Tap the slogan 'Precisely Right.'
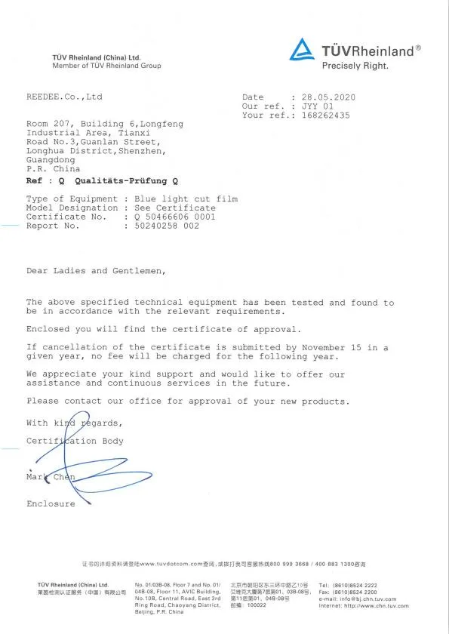coord(355,66)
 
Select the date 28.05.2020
coord(328,97)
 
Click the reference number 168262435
coord(325,115)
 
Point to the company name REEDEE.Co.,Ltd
coord(64,97)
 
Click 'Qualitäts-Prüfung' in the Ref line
coord(122,181)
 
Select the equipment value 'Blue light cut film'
coord(186,199)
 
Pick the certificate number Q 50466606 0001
coord(175,217)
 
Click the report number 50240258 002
coord(167,226)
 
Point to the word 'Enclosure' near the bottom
coord(51,503)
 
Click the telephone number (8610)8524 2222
coord(359,585)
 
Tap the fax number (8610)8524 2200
coord(359,592)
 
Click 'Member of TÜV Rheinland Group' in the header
coord(106,66)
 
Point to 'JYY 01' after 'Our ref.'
coord(318,106)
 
